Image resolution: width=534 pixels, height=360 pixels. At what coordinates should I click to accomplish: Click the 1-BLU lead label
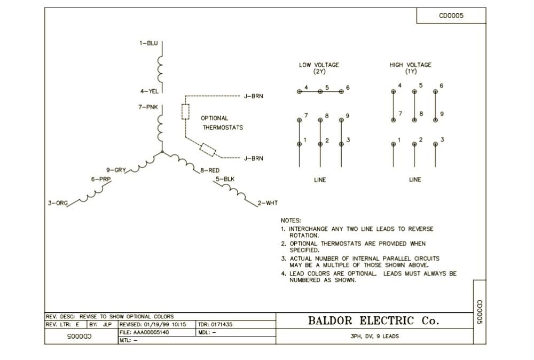(149, 43)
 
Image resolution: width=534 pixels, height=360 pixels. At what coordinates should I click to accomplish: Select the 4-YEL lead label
(149, 91)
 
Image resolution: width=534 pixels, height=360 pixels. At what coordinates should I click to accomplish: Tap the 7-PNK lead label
(148, 107)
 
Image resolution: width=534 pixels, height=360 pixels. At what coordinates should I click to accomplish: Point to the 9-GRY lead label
(116, 170)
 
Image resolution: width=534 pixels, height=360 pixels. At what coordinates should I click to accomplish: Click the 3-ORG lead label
(58, 203)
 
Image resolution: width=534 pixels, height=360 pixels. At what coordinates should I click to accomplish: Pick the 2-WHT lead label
(268, 203)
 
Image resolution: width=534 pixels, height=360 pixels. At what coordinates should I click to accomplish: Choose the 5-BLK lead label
(225, 179)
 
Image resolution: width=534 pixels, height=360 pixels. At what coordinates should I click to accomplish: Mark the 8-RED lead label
(210, 170)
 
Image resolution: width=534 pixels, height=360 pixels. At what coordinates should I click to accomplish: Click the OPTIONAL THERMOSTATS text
(222, 123)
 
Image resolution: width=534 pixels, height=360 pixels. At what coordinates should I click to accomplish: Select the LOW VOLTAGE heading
(319, 65)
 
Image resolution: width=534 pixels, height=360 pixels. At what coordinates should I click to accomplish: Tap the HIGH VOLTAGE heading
(411, 65)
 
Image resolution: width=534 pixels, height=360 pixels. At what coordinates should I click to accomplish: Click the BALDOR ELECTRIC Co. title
(374, 321)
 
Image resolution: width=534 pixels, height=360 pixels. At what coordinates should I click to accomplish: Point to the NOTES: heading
(291, 220)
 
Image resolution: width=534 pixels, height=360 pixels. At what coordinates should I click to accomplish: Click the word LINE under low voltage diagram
(320, 179)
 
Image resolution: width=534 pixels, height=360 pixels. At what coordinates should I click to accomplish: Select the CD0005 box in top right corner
(451, 15)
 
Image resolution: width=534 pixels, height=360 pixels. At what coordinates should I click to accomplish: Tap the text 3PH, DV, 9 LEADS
(374, 336)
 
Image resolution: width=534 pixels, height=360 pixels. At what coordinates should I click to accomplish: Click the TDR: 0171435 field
(215, 324)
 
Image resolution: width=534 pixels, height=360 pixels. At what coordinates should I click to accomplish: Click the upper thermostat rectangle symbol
(185, 112)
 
